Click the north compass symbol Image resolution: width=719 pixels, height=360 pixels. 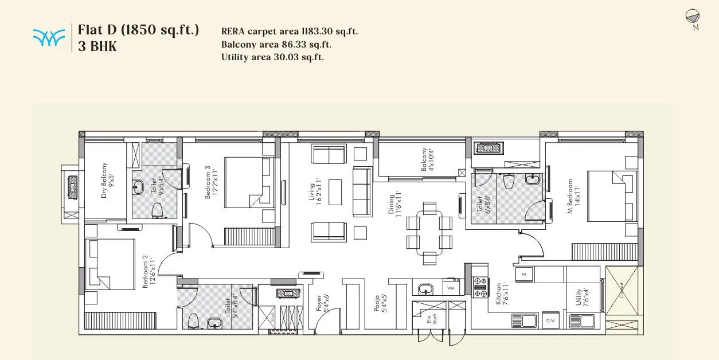click(691, 17)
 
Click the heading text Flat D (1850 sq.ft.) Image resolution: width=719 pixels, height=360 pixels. click(138, 29)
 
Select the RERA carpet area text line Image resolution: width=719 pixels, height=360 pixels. click(289, 32)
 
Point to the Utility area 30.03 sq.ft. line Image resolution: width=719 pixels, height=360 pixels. click(272, 57)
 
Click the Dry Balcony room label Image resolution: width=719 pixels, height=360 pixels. click(108, 181)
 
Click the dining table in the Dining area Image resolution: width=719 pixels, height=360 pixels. click(429, 232)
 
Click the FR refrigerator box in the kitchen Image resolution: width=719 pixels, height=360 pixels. click(523, 275)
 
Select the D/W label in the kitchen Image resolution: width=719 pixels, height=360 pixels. click(550, 320)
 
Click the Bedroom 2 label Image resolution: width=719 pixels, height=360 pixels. click(149, 271)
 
